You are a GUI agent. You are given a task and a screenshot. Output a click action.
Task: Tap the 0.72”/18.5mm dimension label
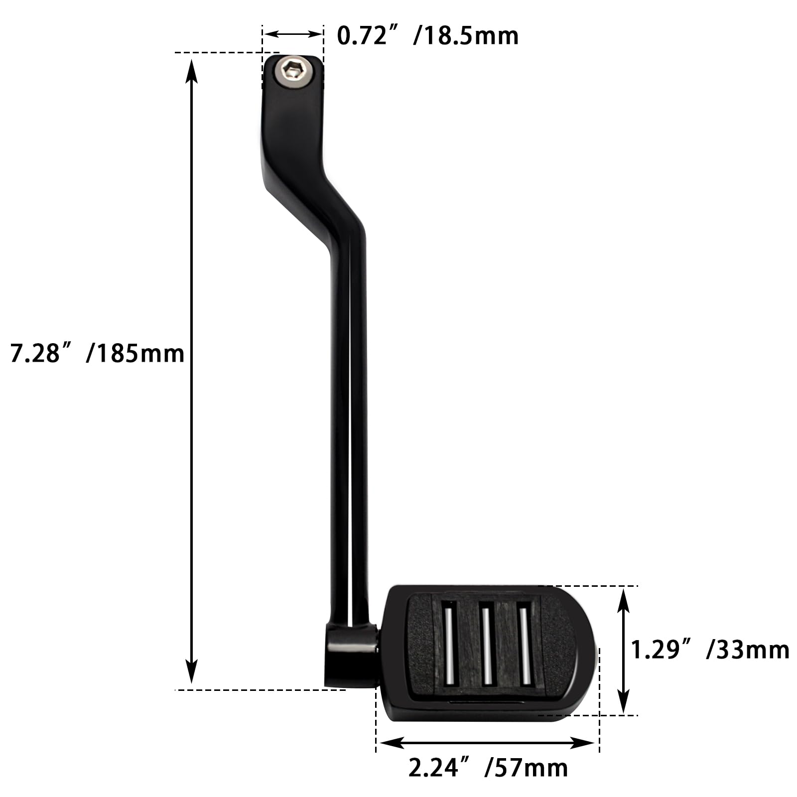pyautogui.click(x=427, y=36)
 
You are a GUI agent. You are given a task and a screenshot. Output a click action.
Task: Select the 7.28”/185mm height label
pyautogui.click(x=97, y=354)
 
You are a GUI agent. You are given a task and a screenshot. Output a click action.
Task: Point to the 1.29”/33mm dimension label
pyautogui.click(x=710, y=650)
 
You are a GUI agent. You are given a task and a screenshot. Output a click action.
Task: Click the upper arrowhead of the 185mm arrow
pyautogui.click(x=192, y=70)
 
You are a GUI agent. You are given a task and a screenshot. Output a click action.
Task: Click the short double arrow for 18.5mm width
pyautogui.click(x=293, y=34)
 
